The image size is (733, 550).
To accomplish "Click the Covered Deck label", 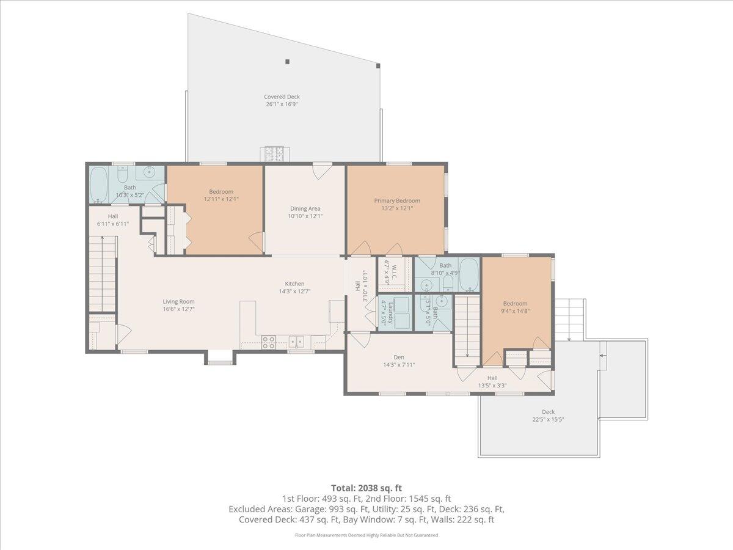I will pos(282,97).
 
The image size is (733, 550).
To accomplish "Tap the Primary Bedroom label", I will pos(397,200).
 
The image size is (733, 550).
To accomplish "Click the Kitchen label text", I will pos(294,284).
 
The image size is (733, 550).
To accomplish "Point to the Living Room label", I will pos(178,301).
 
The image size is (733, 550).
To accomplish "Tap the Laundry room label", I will pos(384,310).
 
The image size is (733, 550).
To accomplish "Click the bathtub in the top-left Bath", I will pos(98,185).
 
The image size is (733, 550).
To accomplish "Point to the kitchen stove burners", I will pos(268,342).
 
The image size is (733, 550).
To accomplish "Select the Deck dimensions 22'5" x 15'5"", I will pos(546,419).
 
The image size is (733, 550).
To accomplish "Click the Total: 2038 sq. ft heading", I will pos(366,488).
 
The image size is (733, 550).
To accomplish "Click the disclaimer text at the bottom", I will pos(366,535).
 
